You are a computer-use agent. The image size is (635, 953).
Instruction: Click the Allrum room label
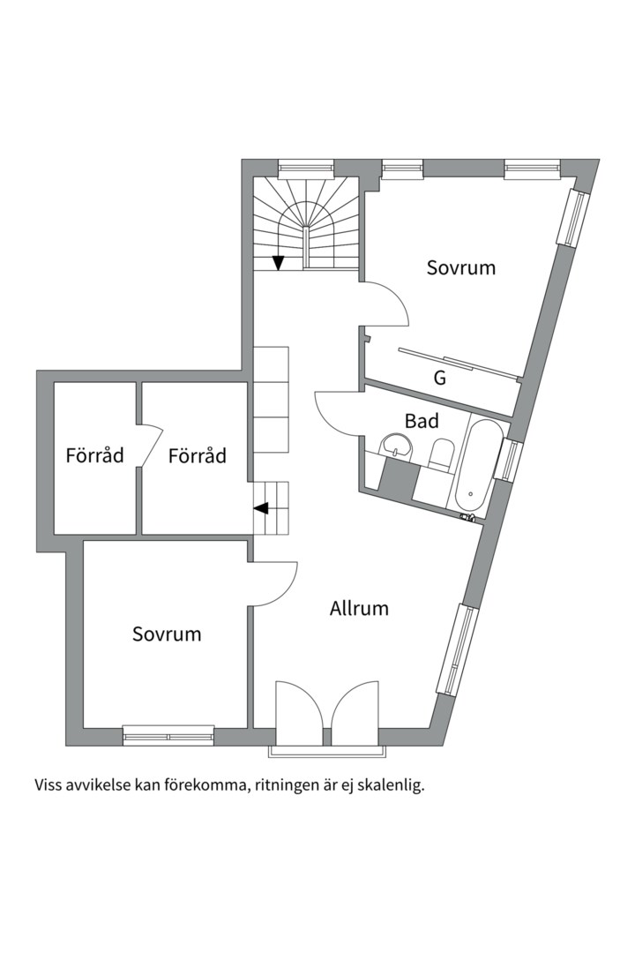pyautogui.click(x=359, y=608)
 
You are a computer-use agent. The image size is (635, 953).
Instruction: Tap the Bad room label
pyautogui.click(x=422, y=421)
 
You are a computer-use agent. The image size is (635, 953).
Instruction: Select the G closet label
pyautogui.click(x=440, y=378)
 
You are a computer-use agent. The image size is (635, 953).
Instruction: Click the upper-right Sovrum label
pyautogui.click(x=461, y=267)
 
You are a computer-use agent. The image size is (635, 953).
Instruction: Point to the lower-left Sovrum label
pyautogui.click(x=167, y=634)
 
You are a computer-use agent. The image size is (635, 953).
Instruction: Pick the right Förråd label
pyautogui.click(x=198, y=455)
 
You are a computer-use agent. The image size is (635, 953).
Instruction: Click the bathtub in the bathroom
pyautogui.click(x=472, y=466)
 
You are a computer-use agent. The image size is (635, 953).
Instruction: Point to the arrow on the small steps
pyautogui.click(x=261, y=508)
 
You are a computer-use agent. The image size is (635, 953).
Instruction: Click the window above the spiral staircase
pyautogui.click(x=306, y=168)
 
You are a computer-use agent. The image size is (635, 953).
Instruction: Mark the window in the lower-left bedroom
pyautogui.click(x=169, y=735)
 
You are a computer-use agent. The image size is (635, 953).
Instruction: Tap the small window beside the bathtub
pyautogui.click(x=509, y=460)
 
